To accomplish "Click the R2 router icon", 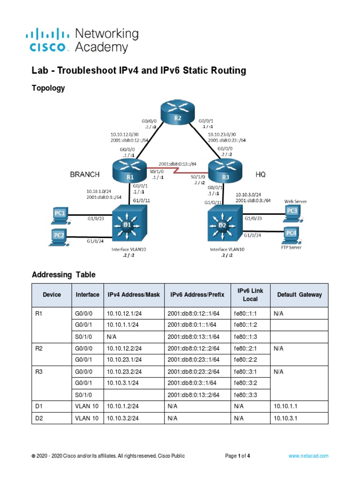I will pos(178,113).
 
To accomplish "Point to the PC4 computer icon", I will pos(292,233).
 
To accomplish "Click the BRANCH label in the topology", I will pos(85,174).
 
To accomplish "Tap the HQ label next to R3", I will pos(261,174).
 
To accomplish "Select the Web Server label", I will pos(295,201).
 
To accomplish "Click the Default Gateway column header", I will pos(300,295).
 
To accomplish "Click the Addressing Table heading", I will pos(63,274).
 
